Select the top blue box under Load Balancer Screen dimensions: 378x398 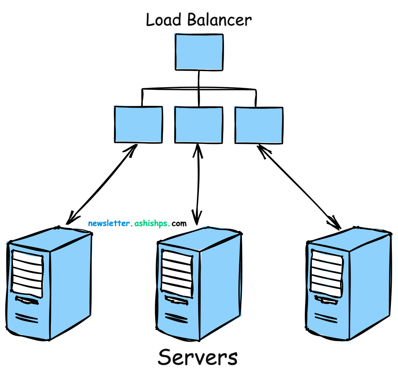[199, 52]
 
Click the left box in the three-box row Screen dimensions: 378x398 [138, 125]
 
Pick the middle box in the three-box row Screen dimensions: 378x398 [199, 125]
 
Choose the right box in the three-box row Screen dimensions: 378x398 [259, 125]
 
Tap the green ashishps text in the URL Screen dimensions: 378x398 [152, 224]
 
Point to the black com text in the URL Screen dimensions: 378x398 [179, 224]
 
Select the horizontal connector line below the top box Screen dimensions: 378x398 [199, 89]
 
